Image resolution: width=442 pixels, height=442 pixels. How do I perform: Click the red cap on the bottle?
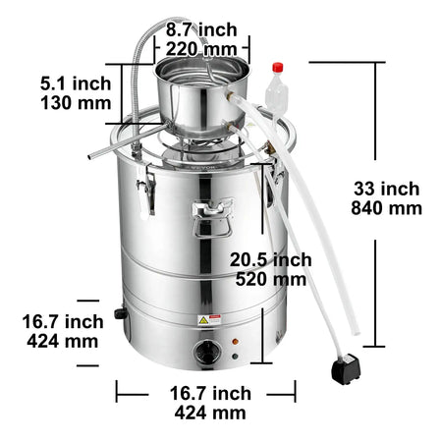(278, 69)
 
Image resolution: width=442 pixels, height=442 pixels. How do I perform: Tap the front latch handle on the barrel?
(211, 219)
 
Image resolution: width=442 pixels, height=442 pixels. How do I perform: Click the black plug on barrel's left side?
(121, 313)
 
